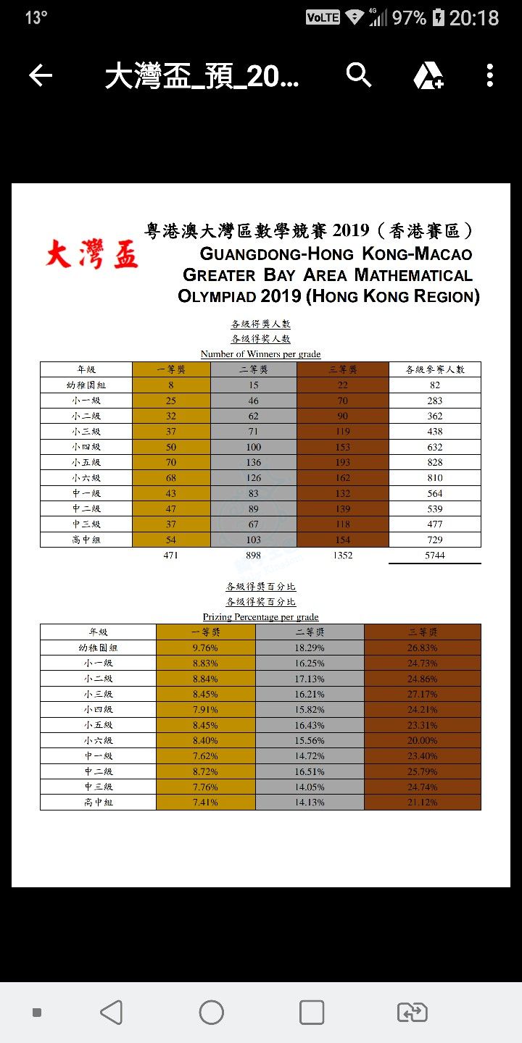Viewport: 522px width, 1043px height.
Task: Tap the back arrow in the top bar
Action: tap(41, 75)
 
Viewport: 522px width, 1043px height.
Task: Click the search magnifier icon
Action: tap(358, 75)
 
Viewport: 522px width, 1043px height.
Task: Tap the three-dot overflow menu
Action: tap(490, 75)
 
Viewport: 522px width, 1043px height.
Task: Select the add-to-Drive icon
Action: tap(428, 75)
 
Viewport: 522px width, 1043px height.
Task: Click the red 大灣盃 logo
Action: tap(91, 254)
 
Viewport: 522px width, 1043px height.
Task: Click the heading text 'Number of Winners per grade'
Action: tap(260, 354)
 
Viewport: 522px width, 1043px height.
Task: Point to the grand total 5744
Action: tap(435, 556)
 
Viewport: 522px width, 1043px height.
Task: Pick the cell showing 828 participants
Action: tap(435, 462)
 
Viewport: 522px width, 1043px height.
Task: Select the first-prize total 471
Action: tap(171, 556)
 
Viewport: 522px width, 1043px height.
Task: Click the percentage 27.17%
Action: tap(422, 694)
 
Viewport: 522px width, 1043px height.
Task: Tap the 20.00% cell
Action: tap(422, 740)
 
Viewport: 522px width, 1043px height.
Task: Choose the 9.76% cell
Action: tap(205, 648)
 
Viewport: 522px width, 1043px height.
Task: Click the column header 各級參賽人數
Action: tap(435, 369)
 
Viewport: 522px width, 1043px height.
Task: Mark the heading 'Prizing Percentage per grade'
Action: tap(260, 617)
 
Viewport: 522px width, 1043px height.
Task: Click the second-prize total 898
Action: tap(254, 556)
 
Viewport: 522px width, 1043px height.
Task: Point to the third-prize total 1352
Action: tap(343, 556)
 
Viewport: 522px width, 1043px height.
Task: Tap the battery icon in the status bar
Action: tap(438, 17)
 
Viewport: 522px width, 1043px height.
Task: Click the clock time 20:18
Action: tap(474, 17)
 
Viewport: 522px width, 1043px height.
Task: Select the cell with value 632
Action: tap(435, 447)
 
